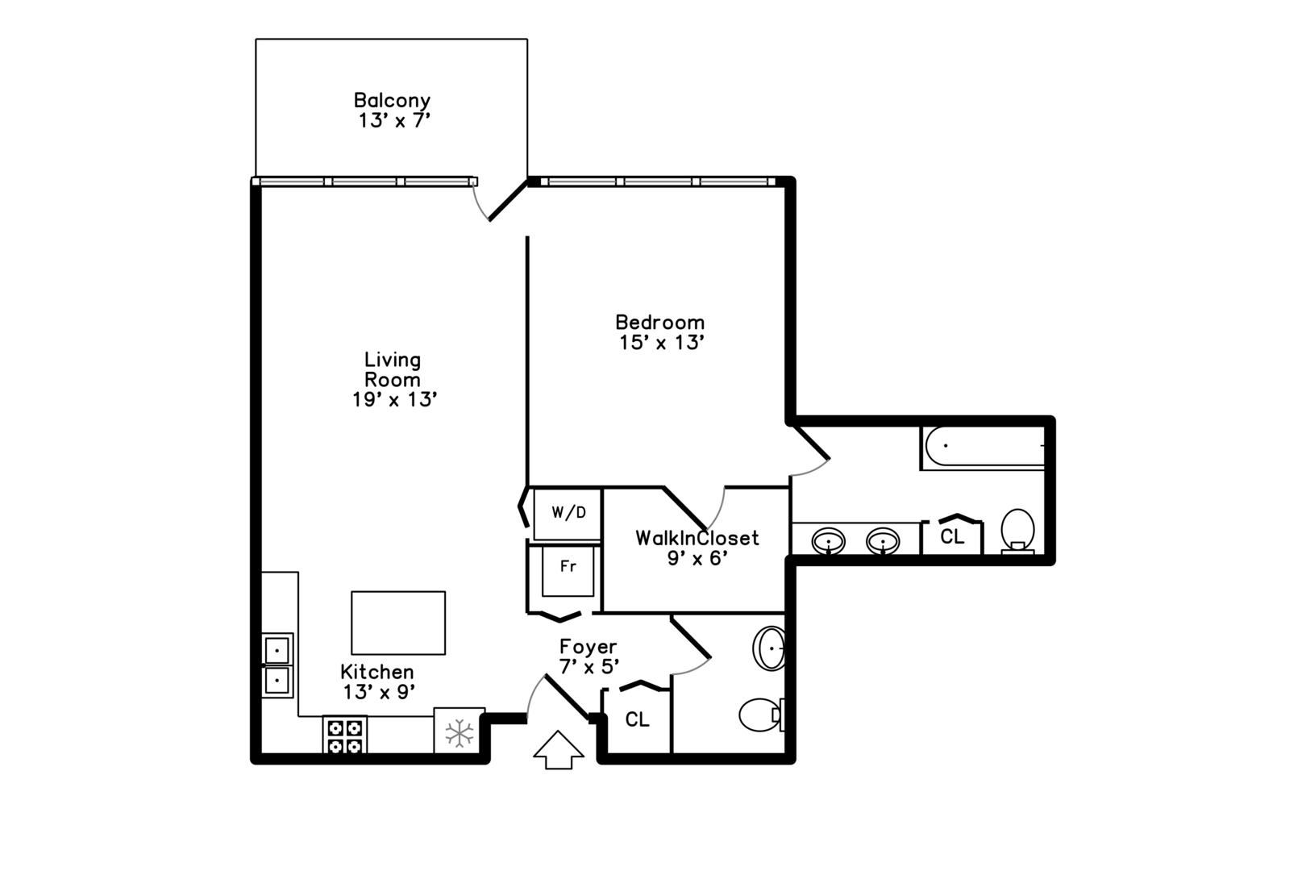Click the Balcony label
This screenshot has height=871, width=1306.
coord(392,100)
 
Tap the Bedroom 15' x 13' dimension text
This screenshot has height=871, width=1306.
coord(662,343)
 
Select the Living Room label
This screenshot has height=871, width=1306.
coord(393,369)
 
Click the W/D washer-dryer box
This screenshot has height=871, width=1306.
coord(568,514)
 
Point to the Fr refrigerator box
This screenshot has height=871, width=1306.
coord(568,571)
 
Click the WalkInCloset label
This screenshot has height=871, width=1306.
coord(697,538)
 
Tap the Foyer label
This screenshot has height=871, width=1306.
coord(588,647)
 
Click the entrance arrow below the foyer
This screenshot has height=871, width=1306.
coord(559,750)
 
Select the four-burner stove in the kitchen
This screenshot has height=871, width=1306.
coord(344,735)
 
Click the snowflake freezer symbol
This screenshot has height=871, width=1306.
coord(460,733)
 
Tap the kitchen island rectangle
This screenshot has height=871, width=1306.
coord(398,623)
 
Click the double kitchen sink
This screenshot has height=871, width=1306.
coord(277,665)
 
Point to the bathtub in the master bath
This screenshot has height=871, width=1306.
coord(983,447)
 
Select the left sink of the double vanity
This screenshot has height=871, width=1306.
coord(828,542)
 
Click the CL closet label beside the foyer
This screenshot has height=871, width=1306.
coord(637,720)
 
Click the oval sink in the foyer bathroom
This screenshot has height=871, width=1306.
coord(769,648)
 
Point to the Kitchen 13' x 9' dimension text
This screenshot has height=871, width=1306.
coord(379,693)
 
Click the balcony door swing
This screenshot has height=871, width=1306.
coord(479,203)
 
